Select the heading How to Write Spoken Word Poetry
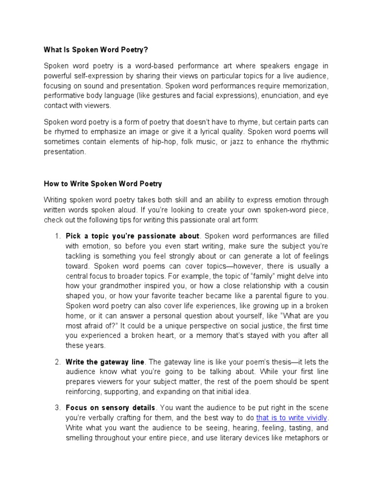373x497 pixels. point(103,184)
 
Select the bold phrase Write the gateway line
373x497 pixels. point(105,362)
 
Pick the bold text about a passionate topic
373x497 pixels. point(133,236)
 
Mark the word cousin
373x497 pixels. point(317,286)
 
